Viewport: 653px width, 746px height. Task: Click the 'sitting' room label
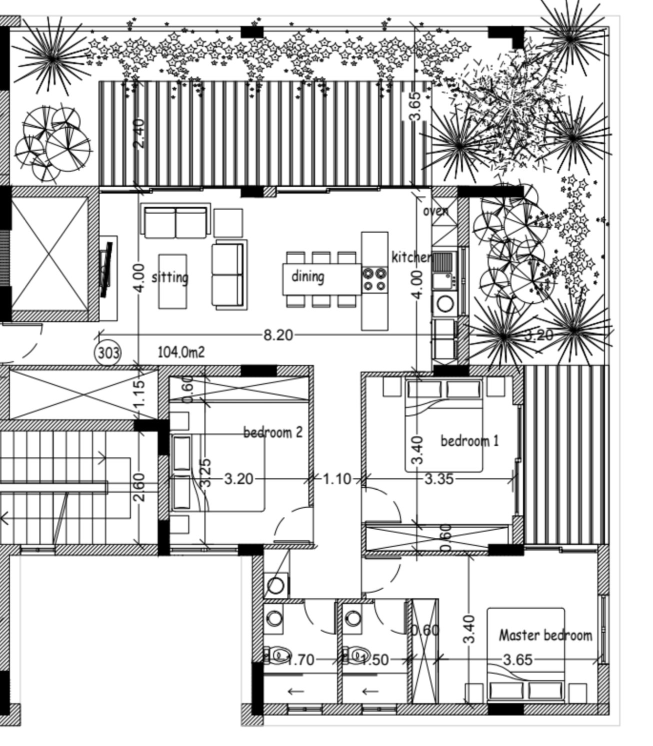[x=170, y=278]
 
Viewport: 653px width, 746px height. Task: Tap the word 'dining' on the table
[x=307, y=276]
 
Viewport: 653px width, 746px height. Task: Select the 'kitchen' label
[x=411, y=257]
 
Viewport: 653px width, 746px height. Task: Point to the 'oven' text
[x=436, y=211]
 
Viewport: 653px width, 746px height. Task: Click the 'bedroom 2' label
[x=273, y=432]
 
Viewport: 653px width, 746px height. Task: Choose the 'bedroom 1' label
[x=469, y=441]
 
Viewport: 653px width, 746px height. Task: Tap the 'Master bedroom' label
[x=545, y=635]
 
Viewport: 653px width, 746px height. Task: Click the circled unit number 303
[x=108, y=353]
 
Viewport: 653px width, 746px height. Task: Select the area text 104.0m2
[x=181, y=352]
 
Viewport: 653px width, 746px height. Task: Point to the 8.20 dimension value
[x=278, y=335]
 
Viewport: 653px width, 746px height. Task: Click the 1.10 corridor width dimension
[x=337, y=479]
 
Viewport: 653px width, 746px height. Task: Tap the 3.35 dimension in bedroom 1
[x=439, y=479]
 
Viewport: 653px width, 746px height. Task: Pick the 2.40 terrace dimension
[x=139, y=133]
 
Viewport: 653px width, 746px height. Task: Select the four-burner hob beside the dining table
[x=374, y=279]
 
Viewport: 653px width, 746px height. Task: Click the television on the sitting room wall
[x=106, y=269]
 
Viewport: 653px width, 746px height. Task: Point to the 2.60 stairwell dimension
[x=139, y=487]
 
